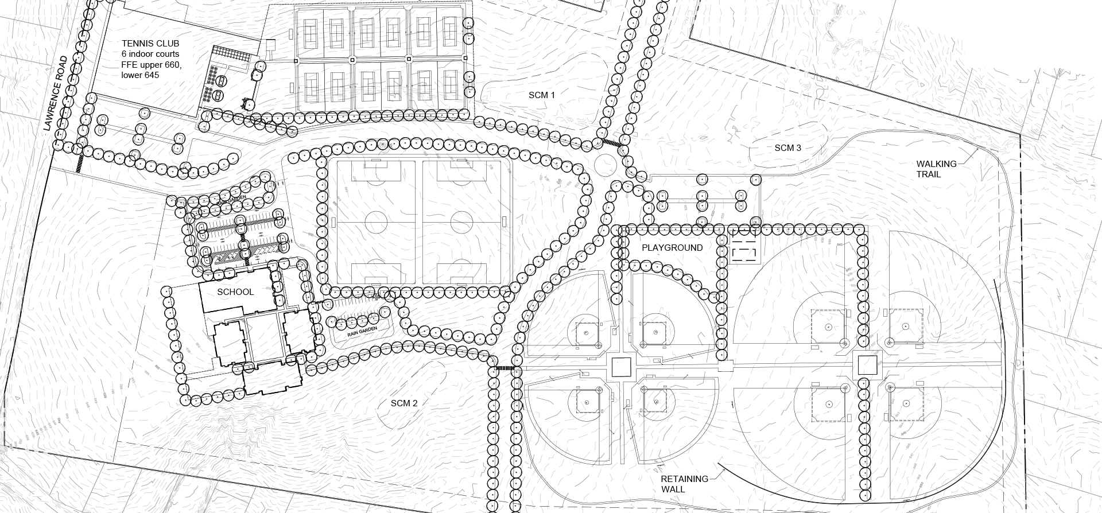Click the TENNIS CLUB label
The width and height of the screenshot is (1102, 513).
pos(150,44)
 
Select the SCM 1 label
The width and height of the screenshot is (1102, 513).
pos(542,95)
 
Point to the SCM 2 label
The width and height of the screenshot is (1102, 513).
pos(404,403)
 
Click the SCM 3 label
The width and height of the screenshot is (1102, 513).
pos(787,148)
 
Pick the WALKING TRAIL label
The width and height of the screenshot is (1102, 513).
pos(936,169)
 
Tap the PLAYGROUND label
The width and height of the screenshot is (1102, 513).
pos(672,248)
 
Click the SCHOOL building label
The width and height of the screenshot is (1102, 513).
pos(235,292)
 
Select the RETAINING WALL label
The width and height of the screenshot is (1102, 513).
pos(684,484)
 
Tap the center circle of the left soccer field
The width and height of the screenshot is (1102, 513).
pos(376,222)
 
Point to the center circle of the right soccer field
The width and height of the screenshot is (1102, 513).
pos(463,222)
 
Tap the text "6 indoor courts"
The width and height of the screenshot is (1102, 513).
pos(150,54)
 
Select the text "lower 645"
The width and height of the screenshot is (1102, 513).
pos(141,75)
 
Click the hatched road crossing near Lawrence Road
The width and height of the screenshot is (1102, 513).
pos(80,162)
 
